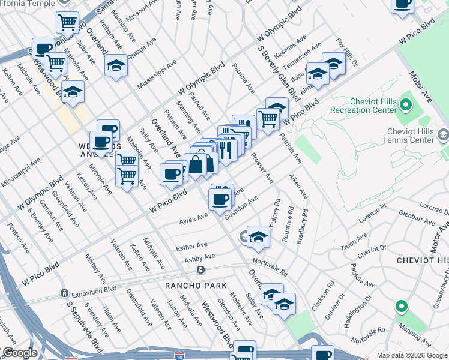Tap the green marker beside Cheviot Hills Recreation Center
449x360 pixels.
(x=405, y=106)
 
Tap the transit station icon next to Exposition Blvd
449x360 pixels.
(x=64, y=293)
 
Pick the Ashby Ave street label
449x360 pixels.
(x=199, y=258)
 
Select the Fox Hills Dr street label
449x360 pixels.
(x=347, y=53)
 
